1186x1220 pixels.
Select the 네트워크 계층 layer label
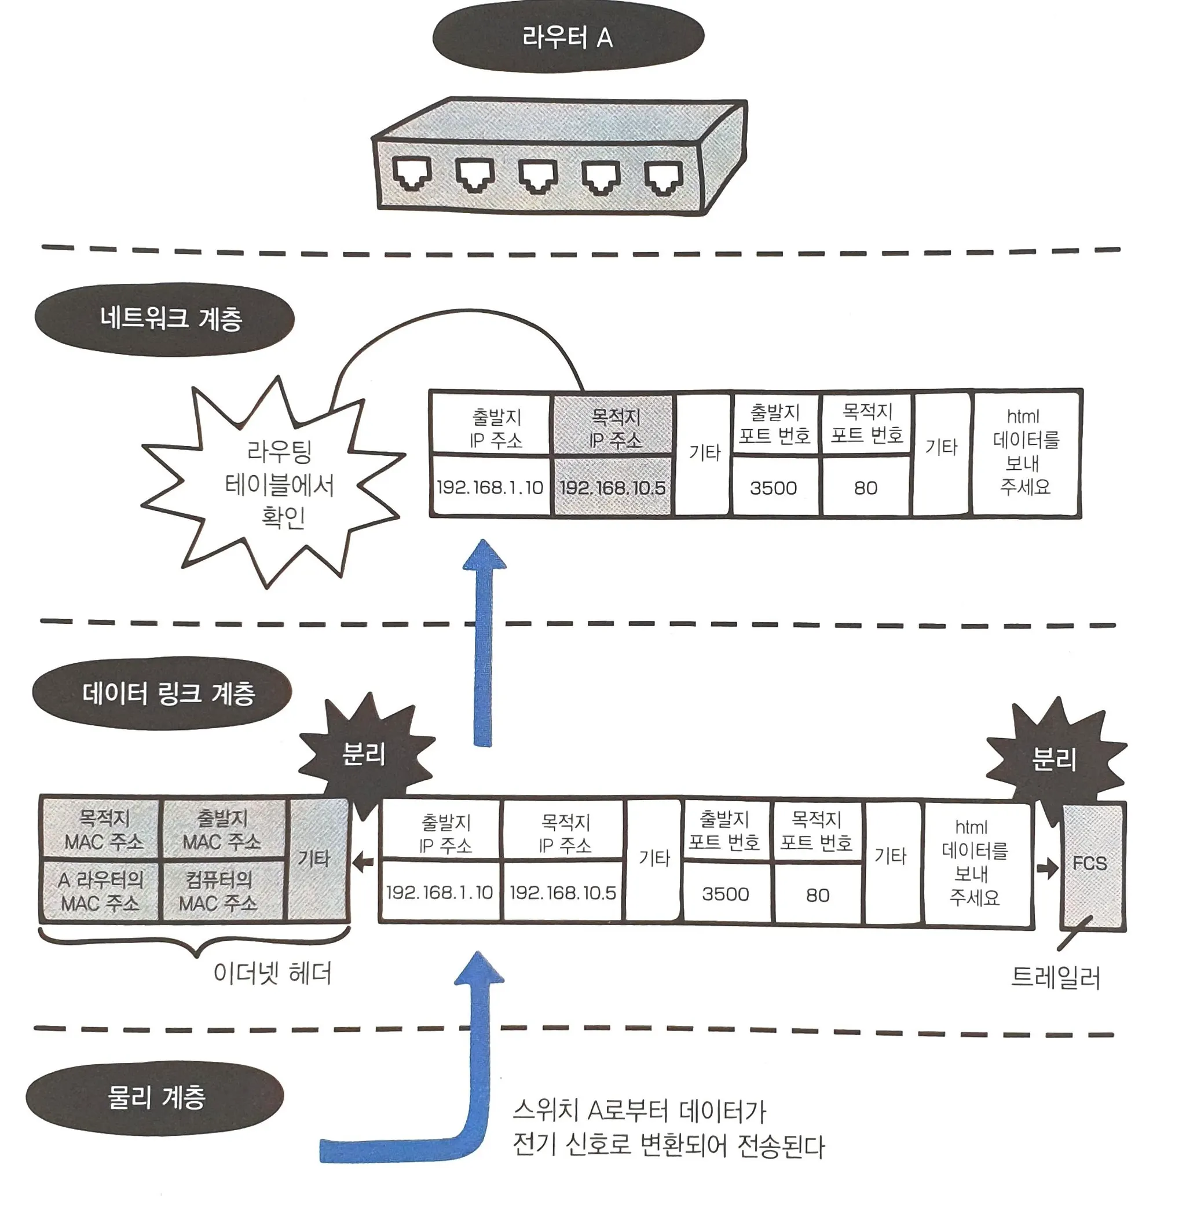click(164, 319)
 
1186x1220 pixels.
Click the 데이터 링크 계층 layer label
click(162, 693)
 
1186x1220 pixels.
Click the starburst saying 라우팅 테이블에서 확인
click(274, 483)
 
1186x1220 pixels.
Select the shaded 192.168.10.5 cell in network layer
click(613, 487)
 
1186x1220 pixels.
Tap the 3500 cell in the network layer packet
click(774, 487)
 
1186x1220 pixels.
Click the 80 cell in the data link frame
click(817, 894)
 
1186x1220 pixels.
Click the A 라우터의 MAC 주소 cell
click(100, 890)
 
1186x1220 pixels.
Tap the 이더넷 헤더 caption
click(272, 973)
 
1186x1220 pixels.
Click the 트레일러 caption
click(1055, 977)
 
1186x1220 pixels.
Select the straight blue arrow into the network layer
click(484, 642)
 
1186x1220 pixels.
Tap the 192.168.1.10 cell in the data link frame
click(440, 892)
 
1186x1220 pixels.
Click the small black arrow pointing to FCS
click(1047, 867)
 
